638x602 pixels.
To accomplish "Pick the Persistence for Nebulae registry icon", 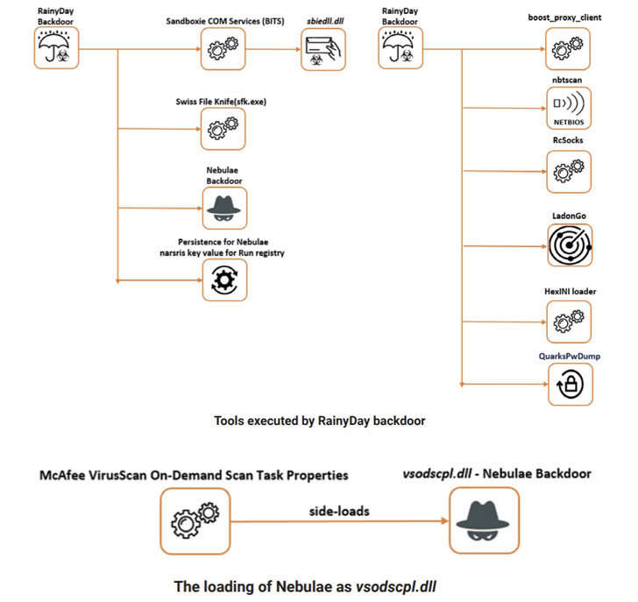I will (x=224, y=282).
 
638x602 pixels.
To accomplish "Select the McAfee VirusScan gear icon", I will (x=195, y=522).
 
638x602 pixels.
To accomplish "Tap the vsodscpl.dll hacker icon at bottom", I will (x=483, y=522).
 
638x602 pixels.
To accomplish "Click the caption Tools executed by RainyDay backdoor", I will (x=319, y=421).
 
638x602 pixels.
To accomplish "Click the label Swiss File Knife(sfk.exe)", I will (x=221, y=102).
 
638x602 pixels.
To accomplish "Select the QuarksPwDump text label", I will (x=571, y=356).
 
